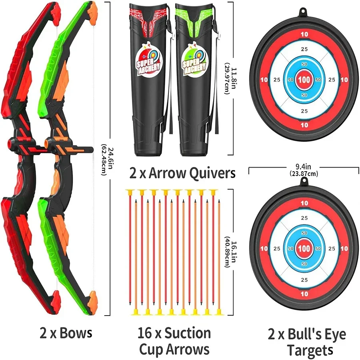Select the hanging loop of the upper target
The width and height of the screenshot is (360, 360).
click(x=304, y=11)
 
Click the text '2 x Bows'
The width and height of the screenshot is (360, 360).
click(x=66, y=333)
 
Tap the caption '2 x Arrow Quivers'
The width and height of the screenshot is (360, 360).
click(x=182, y=173)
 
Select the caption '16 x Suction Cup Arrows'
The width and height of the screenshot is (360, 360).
click(x=174, y=341)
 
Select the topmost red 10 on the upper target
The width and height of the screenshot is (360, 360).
click(x=304, y=34)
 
